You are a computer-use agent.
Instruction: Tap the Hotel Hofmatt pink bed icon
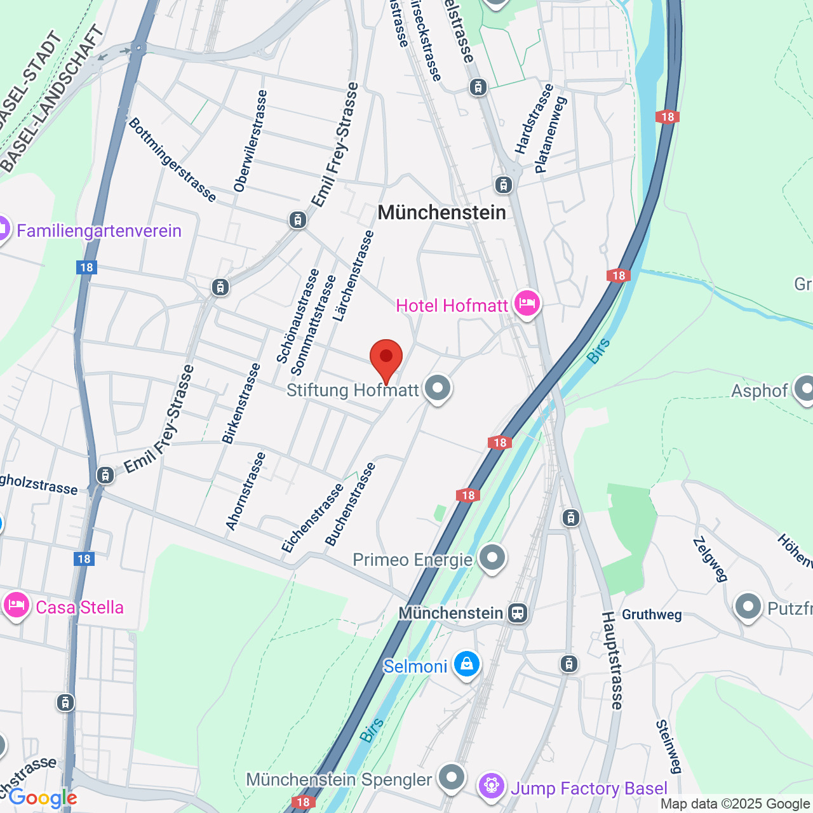pos(527,304)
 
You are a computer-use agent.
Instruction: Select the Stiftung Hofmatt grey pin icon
pos(437,387)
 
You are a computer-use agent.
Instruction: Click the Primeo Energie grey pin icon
pos(492,558)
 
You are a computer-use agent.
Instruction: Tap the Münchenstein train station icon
pos(518,613)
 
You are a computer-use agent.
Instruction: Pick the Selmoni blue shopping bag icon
pos(467,664)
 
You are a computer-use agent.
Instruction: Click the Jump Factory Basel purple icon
pos(492,786)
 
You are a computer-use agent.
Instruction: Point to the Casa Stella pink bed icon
pos(17,605)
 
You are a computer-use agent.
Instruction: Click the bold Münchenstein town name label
pos(442,213)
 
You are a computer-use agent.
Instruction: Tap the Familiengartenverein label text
pos(99,231)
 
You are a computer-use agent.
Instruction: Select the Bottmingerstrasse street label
pos(172,159)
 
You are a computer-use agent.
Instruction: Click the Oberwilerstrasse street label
pos(250,141)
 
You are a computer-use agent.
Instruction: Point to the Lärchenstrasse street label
pos(354,275)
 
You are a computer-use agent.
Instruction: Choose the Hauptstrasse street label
pos(613,661)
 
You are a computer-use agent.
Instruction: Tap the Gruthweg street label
pos(652,615)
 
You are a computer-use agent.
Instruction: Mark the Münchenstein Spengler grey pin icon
pos(452,777)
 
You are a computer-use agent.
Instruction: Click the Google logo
pos(43,798)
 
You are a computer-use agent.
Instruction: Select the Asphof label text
pos(759,391)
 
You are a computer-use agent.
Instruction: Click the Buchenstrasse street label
pos(351,504)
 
